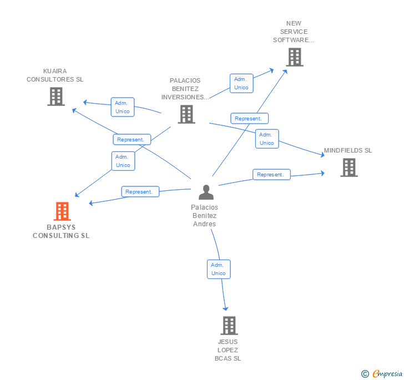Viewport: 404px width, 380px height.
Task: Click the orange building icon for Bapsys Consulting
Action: pos(62,211)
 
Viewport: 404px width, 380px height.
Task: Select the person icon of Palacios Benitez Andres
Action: pos(206,192)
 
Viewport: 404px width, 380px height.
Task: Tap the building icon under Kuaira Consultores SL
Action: pos(55,97)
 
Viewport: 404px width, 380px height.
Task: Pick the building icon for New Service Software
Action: pos(295,57)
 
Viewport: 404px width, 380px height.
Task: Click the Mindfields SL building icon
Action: pos(349,168)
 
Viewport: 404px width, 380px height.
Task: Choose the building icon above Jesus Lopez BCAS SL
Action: pos(229,325)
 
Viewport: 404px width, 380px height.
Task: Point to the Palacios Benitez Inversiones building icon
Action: pos(186,114)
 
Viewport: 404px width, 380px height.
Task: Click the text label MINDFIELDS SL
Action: pos(348,150)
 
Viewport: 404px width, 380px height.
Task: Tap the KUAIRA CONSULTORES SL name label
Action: pos(55,75)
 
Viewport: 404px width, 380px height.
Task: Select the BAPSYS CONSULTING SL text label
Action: pos(61,231)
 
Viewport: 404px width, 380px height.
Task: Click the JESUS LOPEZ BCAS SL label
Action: pos(228,350)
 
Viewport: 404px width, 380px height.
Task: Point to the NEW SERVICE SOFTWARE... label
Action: pos(294,32)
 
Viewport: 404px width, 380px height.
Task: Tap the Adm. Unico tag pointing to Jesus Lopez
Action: pos(219,269)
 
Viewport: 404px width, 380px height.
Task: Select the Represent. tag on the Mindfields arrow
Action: pos(271,175)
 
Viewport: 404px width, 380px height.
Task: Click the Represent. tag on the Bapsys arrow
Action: pos(140,192)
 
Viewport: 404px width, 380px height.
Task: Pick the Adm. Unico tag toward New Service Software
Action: pos(241,83)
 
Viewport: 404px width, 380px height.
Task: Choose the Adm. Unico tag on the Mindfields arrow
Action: pos(267,139)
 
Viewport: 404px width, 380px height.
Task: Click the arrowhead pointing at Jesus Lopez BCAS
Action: pos(225,308)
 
